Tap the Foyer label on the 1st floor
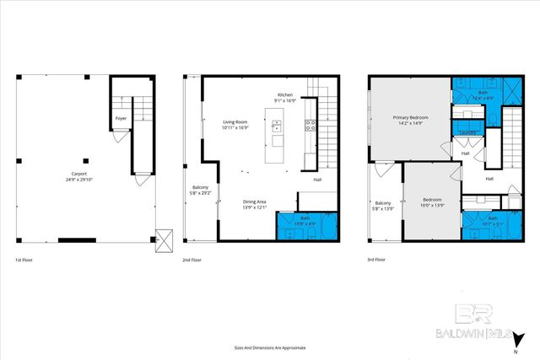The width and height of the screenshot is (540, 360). [121, 130]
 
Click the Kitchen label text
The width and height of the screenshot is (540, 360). [285, 98]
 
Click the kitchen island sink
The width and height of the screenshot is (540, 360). [278, 128]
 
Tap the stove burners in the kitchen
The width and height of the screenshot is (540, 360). [310, 126]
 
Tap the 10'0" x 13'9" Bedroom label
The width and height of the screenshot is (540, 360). [431, 203]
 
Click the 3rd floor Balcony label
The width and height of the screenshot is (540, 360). [383, 206]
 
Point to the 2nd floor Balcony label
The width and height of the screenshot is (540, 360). [201, 190]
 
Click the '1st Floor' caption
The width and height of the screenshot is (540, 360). [25, 260]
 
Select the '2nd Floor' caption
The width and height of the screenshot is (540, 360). [192, 260]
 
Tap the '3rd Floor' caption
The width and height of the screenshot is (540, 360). [377, 260]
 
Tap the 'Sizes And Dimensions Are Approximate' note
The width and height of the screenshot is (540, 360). [270, 347]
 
